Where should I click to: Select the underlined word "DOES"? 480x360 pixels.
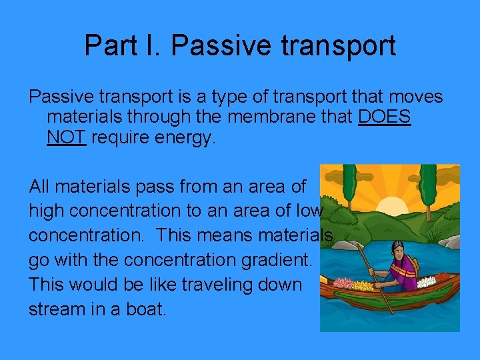tap(385, 117)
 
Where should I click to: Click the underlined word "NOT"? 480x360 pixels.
tap(67, 138)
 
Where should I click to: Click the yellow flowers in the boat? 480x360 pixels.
tap(363, 287)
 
